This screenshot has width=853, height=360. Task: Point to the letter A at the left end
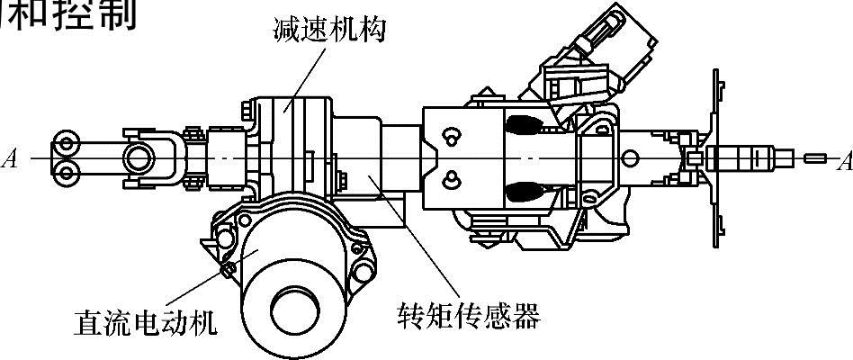click(x=11, y=160)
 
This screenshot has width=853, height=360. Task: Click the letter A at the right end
click(x=843, y=162)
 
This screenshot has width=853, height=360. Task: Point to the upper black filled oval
click(x=524, y=123)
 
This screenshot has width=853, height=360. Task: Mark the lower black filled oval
click(x=524, y=191)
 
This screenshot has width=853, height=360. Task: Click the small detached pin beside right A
click(x=815, y=159)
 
